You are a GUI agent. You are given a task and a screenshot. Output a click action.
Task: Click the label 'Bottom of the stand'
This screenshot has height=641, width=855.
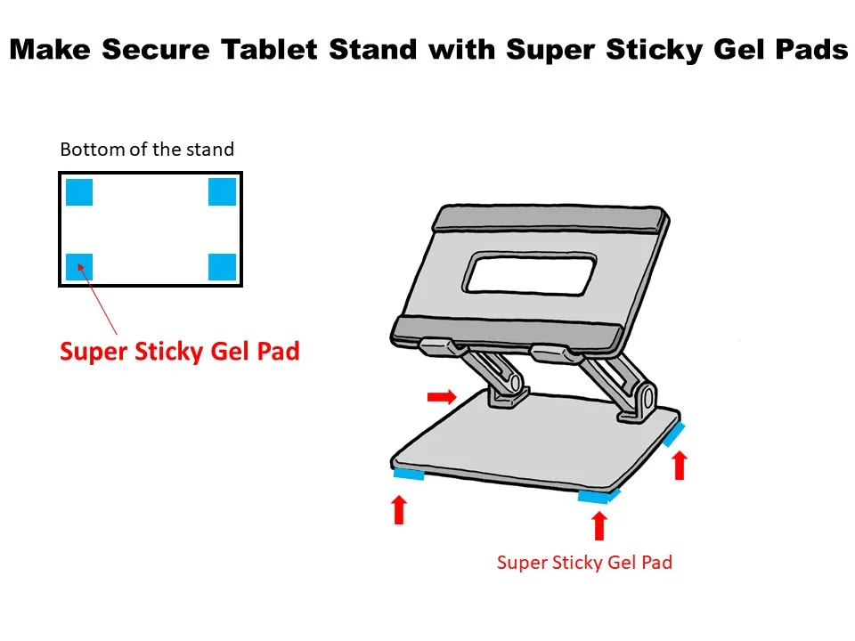(x=147, y=150)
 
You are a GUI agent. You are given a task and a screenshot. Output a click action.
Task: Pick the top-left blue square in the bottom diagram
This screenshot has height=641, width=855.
(x=79, y=191)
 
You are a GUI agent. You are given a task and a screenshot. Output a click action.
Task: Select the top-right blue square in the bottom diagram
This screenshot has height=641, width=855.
(x=222, y=191)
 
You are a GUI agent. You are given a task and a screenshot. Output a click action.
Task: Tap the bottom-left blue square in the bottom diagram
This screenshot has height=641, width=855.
(x=79, y=266)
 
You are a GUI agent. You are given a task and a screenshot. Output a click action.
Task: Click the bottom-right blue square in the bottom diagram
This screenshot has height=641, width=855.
(x=222, y=266)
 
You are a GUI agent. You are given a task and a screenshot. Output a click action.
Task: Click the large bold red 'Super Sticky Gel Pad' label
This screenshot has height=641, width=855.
(x=179, y=352)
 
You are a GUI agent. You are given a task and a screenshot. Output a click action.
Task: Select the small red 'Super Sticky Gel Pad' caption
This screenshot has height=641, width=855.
(x=584, y=563)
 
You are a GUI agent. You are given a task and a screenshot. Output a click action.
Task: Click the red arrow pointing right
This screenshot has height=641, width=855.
(x=442, y=395)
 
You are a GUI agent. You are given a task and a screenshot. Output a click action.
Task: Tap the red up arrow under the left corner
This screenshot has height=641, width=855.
(x=399, y=509)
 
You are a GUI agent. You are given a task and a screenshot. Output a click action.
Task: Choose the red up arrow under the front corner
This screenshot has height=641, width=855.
(x=598, y=525)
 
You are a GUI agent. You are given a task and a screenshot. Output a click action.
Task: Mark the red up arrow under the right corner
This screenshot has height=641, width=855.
(x=680, y=465)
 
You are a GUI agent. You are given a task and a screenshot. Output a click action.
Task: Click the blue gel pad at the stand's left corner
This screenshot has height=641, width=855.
(x=409, y=475)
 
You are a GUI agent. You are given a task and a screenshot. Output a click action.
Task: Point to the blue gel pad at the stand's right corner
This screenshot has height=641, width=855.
(x=674, y=433)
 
